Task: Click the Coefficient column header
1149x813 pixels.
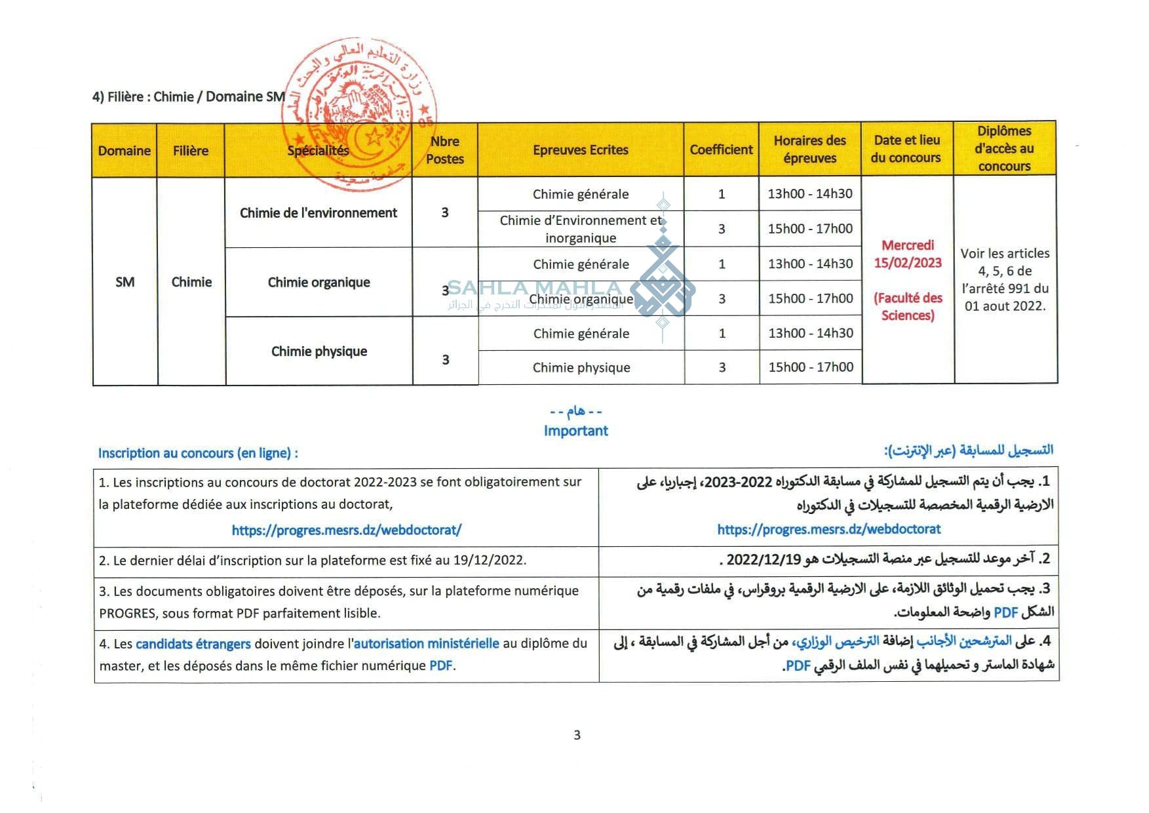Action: [x=721, y=149]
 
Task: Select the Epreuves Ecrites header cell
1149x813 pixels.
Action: [x=580, y=149]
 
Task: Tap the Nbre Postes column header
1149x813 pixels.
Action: [x=444, y=150]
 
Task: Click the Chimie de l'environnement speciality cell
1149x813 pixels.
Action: [x=319, y=212]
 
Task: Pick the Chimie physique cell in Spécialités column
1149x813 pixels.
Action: [x=319, y=351]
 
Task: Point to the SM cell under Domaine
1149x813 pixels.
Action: [x=125, y=282]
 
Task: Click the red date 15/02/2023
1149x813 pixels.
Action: [x=907, y=263]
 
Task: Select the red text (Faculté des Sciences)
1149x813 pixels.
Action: [x=907, y=306]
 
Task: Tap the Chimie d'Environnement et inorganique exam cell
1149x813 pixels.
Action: [x=581, y=229]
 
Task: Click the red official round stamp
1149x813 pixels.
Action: [x=359, y=115]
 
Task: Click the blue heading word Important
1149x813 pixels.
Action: [x=575, y=431]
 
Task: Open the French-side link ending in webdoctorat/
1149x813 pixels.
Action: [x=346, y=530]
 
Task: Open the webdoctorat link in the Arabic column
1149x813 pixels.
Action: [x=828, y=529]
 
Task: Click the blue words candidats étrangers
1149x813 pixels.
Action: [x=193, y=644]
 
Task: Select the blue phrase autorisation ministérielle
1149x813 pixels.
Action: [x=426, y=644]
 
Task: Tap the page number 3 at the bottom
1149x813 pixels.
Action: [x=577, y=735]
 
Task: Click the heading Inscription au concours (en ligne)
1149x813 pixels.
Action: [x=198, y=453]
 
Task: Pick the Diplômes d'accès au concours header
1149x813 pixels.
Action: [x=1004, y=149]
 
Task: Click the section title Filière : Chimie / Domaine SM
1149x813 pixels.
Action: [x=189, y=97]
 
